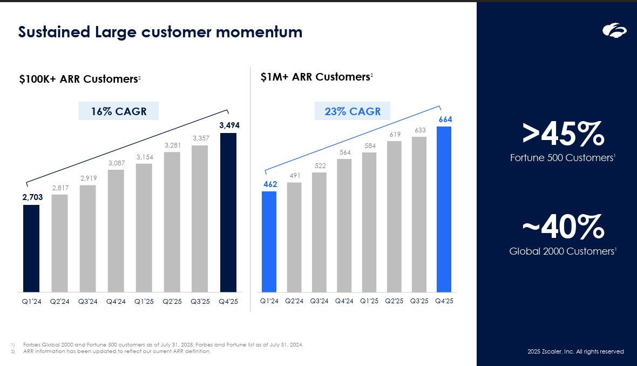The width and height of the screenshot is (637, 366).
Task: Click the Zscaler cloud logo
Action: (614, 31)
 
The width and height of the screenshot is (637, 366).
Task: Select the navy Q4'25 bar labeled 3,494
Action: (228, 212)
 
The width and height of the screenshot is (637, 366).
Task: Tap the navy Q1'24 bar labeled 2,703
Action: (31, 248)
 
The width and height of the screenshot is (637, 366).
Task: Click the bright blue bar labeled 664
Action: (444, 209)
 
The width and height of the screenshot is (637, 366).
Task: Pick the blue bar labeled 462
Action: (269, 242)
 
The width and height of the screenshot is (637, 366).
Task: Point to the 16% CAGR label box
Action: (119, 111)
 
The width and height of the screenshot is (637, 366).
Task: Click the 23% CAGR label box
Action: (353, 111)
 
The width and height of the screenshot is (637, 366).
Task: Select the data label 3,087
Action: (116, 163)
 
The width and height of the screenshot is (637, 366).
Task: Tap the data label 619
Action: (395, 134)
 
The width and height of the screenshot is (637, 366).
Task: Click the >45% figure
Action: (563, 135)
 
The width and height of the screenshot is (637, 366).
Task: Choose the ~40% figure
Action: (563, 228)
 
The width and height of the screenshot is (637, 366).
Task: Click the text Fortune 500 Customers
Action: (563, 158)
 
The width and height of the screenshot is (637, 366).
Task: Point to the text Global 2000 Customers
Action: (563, 251)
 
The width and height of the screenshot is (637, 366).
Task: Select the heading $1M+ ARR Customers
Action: (315, 77)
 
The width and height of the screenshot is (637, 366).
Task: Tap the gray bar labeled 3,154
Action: (144, 228)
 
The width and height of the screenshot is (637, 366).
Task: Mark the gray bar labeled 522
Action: (319, 232)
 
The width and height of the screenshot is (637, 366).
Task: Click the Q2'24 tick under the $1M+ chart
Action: (294, 301)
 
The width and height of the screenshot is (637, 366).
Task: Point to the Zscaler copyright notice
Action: (575, 351)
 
